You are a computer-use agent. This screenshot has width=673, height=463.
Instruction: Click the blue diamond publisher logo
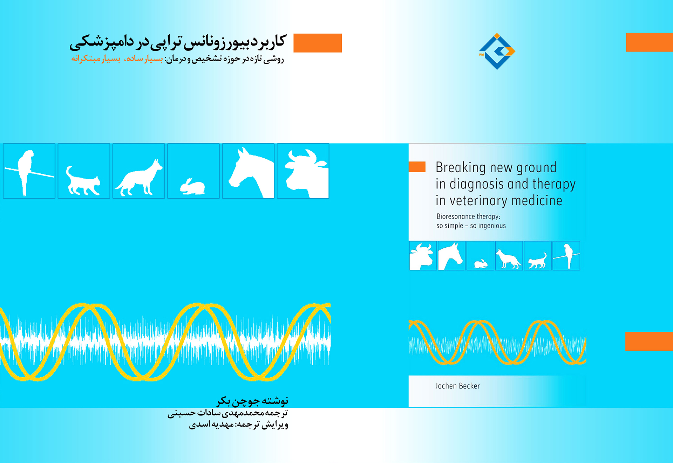pyautogui.click(x=497, y=51)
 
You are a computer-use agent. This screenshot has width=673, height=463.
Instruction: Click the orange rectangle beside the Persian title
pyautogui.click(x=317, y=43)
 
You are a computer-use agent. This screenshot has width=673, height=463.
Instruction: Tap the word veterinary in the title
pyautogui.click(x=478, y=201)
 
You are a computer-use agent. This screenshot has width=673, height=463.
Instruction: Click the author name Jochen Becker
pyautogui.click(x=457, y=386)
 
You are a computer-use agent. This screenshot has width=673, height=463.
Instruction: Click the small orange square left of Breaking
pyautogui.click(x=417, y=167)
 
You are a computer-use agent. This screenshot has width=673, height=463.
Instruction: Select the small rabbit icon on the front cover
pyautogui.click(x=480, y=263)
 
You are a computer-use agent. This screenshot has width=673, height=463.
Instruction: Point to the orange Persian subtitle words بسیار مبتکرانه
pyautogui.click(x=96, y=59)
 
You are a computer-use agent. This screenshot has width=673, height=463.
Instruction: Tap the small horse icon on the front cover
pyautogui.click(x=451, y=256)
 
